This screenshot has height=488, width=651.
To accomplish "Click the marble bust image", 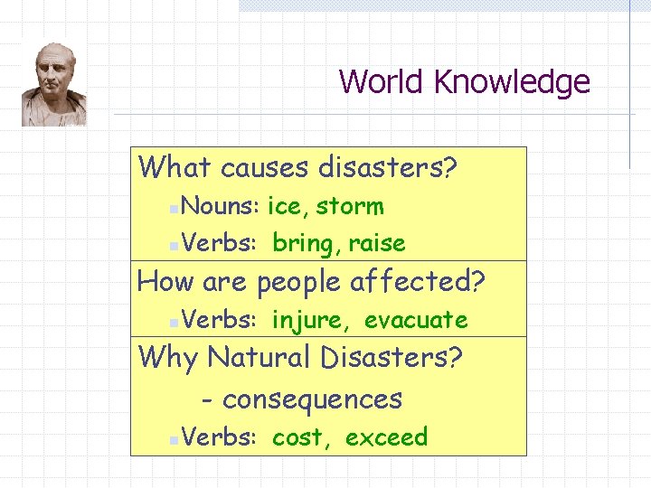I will [x=54, y=84].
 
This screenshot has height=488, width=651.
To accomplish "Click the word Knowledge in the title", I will [x=512, y=82].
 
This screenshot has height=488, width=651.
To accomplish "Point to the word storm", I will [x=350, y=207].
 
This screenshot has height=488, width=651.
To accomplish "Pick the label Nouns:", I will [x=221, y=206].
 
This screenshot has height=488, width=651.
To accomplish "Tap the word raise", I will [x=377, y=243].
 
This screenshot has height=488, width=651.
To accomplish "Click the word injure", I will [x=307, y=320].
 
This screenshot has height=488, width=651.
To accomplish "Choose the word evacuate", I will [x=416, y=320].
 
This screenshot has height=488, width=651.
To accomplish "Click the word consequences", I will [x=312, y=399].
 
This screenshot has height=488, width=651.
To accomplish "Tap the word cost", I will [x=298, y=438].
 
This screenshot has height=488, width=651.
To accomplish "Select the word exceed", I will [x=386, y=438].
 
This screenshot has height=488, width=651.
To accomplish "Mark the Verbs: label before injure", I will [x=221, y=320].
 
